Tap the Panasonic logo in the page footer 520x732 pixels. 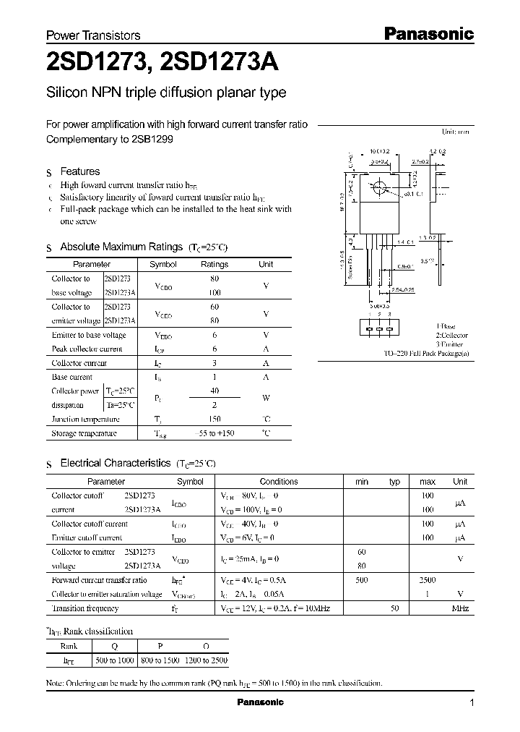[261, 702]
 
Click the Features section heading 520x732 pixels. [79, 171]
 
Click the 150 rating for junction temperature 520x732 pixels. [214, 419]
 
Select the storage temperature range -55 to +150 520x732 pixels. [215, 433]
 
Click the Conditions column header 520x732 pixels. [278, 481]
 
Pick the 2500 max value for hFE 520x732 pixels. [428, 580]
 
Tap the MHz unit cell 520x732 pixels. [460, 609]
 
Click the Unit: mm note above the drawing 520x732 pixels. [456, 132]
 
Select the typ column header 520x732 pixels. [394, 481]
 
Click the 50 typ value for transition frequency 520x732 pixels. [394, 609]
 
